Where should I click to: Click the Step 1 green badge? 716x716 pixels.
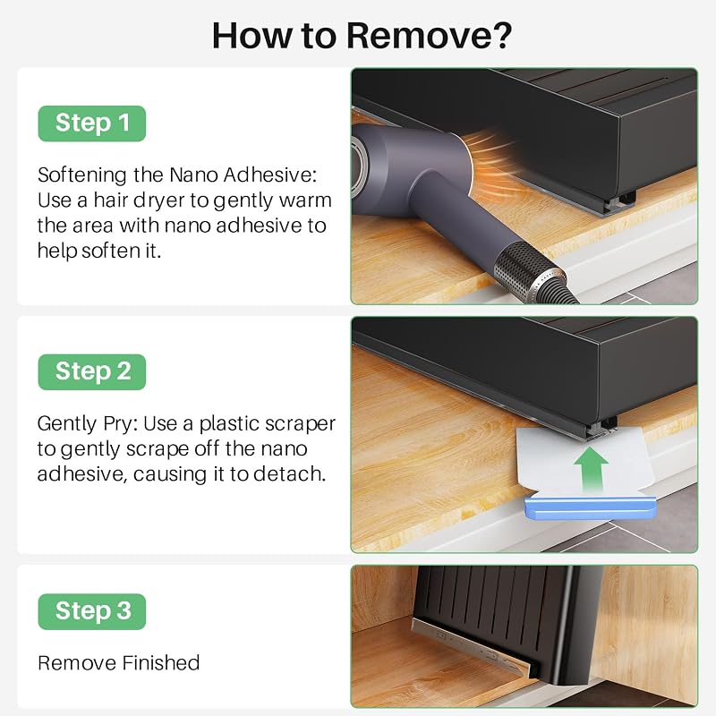[92, 124]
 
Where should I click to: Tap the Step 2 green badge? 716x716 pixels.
[92, 371]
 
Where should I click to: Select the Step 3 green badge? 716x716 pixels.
[92, 611]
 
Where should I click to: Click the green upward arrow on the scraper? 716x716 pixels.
[591, 469]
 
